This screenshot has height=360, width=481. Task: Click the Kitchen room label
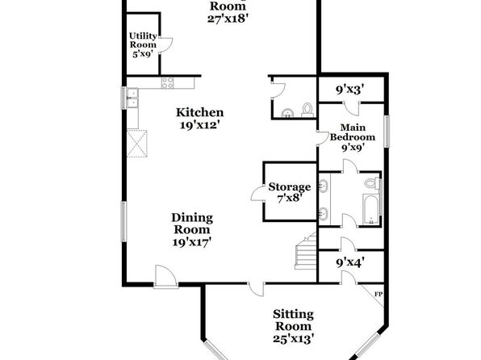pos(199,112)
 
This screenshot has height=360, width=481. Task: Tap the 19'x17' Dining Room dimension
pos(192,242)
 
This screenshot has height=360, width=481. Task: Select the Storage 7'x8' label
pos(289,192)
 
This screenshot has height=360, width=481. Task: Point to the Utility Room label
pos(143,40)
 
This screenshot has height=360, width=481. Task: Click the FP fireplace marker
pos(379,295)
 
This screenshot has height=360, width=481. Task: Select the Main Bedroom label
pos(353,132)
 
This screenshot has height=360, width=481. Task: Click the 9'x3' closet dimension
pos(350,90)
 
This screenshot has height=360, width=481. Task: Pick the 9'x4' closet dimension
pos(350,262)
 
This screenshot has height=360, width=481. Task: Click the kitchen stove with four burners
pos(168,83)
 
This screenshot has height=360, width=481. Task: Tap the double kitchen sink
pos(133,98)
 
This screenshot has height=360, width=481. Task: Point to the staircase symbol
pos(306,251)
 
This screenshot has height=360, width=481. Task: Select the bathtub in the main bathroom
pos(371,209)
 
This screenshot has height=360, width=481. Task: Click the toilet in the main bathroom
pos(372,183)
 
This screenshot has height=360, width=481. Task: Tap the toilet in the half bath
pos(307,110)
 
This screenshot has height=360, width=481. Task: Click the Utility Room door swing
pos(166,45)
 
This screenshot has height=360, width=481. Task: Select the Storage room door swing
pos(258,194)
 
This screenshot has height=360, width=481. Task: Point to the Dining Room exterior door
pos(165,277)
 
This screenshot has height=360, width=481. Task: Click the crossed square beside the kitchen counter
pos(137,144)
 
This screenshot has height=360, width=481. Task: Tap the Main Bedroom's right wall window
pos(387,132)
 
